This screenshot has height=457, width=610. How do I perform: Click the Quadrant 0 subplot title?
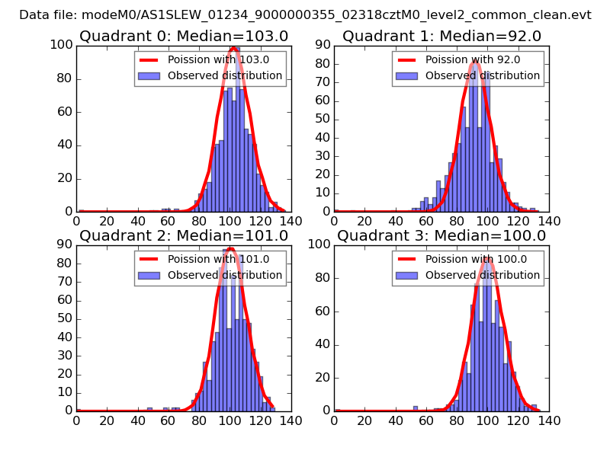click(x=184, y=36)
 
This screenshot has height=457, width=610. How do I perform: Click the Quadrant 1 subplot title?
click(x=441, y=36)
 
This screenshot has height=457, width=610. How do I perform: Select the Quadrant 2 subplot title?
click(x=184, y=235)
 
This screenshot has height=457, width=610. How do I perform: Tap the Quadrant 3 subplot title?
click(x=441, y=235)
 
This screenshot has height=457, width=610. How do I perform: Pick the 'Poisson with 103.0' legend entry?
click(x=208, y=59)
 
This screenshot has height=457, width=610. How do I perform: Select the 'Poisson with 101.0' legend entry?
click(x=208, y=259)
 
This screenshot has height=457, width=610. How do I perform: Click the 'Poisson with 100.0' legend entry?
click(x=467, y=259)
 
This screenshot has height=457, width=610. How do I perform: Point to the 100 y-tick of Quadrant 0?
click(x=63, y=45)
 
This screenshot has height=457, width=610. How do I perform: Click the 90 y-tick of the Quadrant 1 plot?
click(x=323, y=45)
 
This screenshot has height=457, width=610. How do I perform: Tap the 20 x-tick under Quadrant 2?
click(x=107, y=420)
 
